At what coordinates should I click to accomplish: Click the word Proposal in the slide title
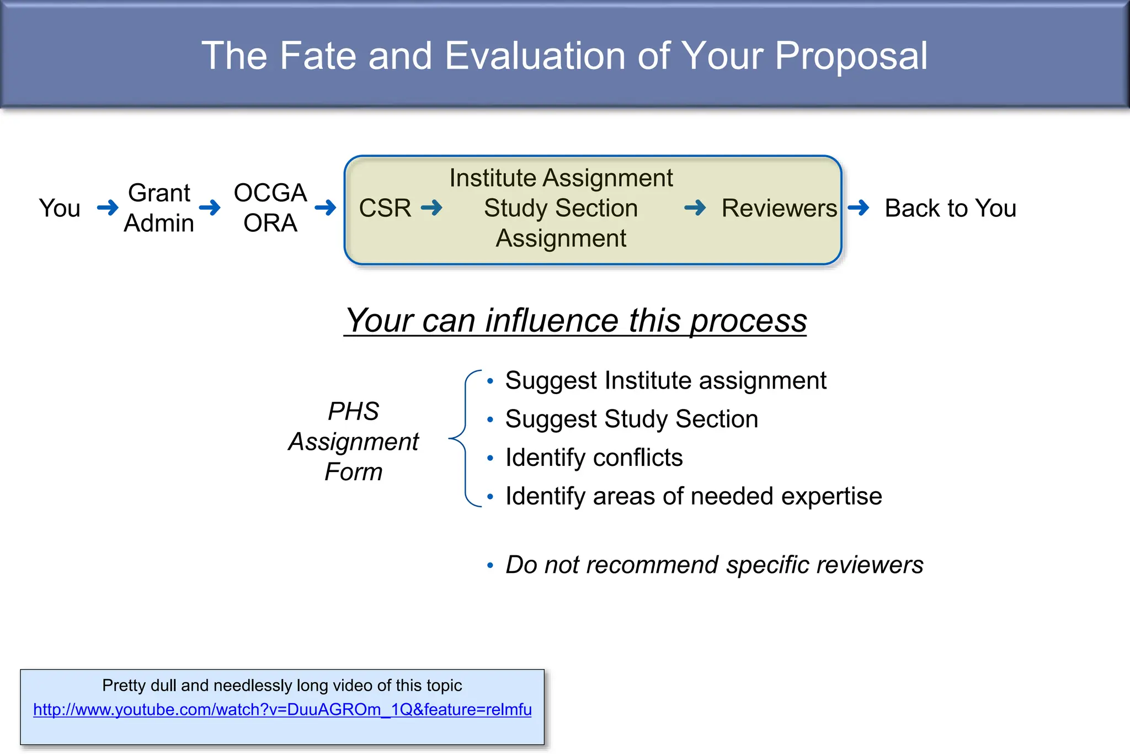click(x=851, y=56)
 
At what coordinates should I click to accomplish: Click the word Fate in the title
click(x=318, y=56)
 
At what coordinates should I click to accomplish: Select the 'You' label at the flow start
click(x=60, y=209)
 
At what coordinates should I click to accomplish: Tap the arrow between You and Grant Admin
click(x=108, y=208)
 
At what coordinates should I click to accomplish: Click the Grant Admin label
click(x=159, y=208)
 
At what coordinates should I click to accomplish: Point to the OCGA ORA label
click(x=270, y=208)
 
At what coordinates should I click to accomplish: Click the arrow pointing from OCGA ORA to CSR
click(x=326, y=208)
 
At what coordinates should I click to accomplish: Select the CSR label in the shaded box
click(x=385, y=209)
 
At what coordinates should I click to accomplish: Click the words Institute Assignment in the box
click(x=561, y=178)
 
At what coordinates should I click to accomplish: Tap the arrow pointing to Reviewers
click(x=695, y=208)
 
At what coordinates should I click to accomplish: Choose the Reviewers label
click(x=779, y=209)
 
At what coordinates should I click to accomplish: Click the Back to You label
click(x=950, y=209)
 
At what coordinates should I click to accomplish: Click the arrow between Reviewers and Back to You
click(x=859, y=208)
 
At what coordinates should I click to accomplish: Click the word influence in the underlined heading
click(x=552, y=321)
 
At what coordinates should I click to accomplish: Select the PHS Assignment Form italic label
click(x=353, y=442)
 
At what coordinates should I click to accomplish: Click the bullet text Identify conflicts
click(x=594, y=458)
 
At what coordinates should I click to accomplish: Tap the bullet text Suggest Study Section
click(x=631, y=419)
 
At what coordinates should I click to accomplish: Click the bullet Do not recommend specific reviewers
click(x=714, y=565)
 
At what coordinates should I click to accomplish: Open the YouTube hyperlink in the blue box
click(x=282, y=709)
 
